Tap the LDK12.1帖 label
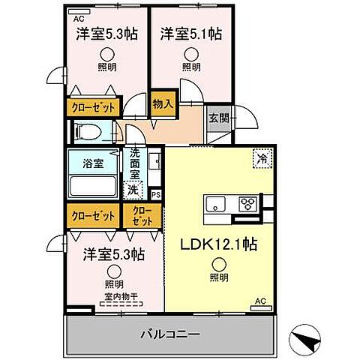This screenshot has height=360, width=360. (218, 244)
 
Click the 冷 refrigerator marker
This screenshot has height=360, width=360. (262, 159)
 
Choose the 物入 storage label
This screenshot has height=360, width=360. (163, 103)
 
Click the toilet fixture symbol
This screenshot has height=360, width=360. (91, 133)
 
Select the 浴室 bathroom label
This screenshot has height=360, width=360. (93, 162)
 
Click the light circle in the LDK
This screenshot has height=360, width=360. (218, 263)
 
